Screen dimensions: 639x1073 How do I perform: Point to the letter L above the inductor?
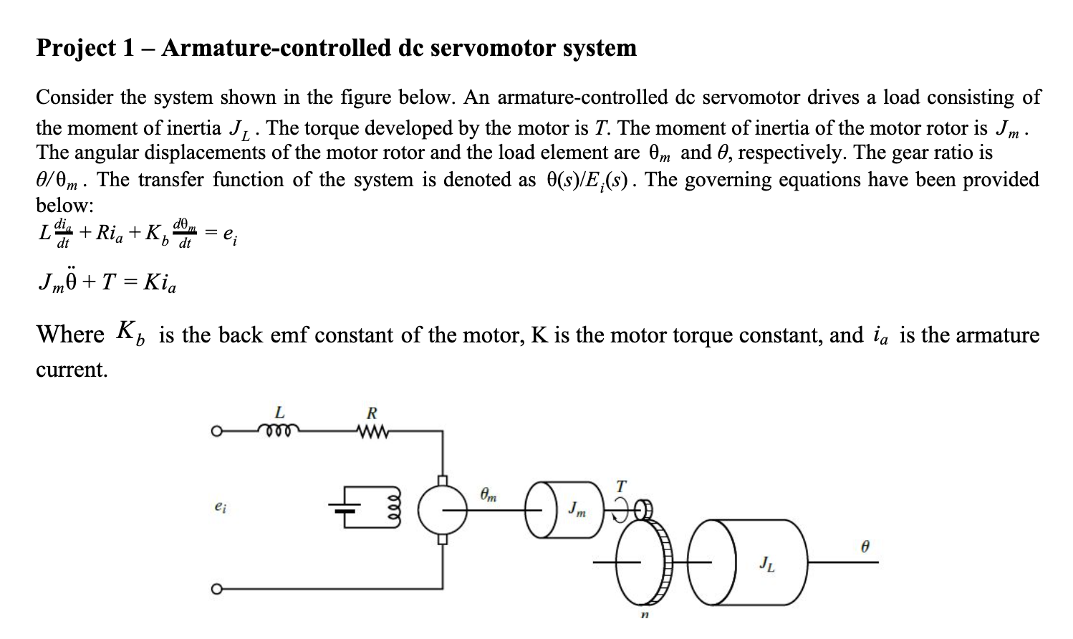(x=279, y=413)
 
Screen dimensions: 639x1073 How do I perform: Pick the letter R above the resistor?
(x=371, y=413)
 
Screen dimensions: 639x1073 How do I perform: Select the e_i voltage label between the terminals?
(x=220, y=506)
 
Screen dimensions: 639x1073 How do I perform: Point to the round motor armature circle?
(x=443, y=510)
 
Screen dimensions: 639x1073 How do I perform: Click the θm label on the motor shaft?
(x=489, y=494)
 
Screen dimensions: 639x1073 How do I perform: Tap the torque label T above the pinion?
(x=621, y=486)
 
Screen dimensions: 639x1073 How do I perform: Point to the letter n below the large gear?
(x=644, y=615)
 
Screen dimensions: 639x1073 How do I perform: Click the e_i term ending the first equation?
(x=231, y=233)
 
